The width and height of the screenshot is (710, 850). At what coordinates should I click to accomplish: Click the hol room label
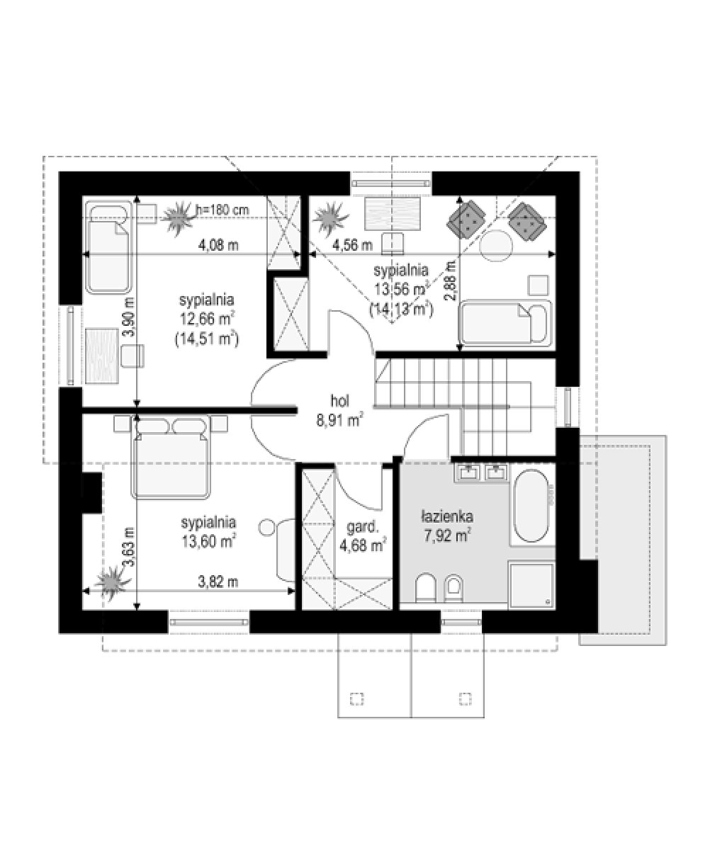click(339, 402)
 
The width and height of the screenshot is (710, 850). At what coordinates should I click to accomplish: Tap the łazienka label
click(447, 517)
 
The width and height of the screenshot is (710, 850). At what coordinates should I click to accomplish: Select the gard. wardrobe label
click(363, 528)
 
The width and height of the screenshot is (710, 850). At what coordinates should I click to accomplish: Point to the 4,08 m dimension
click(218, 245)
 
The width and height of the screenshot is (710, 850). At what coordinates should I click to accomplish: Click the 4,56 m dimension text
click(352, 245)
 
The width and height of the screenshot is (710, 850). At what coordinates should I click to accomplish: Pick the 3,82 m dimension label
click(218, 582)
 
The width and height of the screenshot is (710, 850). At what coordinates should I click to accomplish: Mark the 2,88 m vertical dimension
click(451, 281)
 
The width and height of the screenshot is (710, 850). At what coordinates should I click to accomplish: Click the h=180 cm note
click(222, 210)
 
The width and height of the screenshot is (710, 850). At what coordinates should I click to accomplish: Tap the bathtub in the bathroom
click(531, 506)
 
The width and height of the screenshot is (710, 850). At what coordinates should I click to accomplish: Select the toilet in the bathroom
click(426, 587)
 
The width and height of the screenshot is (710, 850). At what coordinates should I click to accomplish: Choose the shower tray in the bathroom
click(531, 585)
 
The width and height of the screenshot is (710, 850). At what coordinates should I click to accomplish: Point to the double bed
click(170, 457)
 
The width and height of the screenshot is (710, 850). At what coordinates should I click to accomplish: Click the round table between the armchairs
click(496, 246)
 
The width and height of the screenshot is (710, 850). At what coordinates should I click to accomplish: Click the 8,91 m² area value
click(340, 420)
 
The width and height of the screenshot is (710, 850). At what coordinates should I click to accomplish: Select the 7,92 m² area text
click(447, 535)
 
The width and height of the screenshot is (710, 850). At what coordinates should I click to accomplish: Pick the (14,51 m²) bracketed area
click(207, 339)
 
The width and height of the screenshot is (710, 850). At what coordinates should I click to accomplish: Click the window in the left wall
click(71, 346)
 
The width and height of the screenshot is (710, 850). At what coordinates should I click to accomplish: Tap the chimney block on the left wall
click(91, 492)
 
